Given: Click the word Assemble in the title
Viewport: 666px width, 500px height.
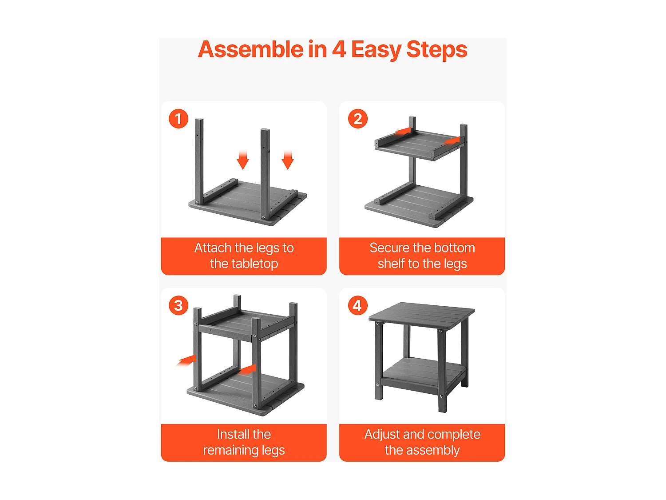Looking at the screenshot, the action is (x=250, y=49).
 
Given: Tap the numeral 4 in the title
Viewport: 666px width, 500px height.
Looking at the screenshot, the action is (x=339, y=49).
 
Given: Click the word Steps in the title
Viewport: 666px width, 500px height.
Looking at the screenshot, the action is (x=436, y=50).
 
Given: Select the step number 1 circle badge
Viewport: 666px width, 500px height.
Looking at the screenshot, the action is (x=178, y=119).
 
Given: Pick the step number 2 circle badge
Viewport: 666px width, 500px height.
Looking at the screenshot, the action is (x=357, y=119).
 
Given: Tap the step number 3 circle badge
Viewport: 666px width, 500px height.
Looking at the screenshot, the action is (x=178, y=305).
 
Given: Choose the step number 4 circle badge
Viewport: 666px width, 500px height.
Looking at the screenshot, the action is (x=357, y=305).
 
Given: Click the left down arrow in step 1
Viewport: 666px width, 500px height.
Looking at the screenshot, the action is (x=243, y=160).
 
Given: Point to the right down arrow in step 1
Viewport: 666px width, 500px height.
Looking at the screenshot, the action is (x=287, y=160).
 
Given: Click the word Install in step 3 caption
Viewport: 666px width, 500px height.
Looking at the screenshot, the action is (x=229, y=434).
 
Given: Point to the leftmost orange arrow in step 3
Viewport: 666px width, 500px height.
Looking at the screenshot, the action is (x=186, y=360).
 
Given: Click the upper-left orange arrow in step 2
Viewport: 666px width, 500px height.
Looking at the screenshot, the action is (x=403, y=131).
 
